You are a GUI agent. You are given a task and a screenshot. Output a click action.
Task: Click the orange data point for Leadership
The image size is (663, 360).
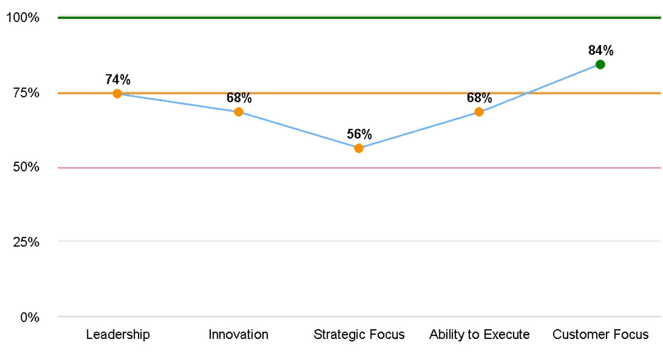118,94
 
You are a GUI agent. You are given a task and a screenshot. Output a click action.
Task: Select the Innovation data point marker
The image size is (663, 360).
238,112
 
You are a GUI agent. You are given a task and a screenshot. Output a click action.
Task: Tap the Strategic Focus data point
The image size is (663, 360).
359,148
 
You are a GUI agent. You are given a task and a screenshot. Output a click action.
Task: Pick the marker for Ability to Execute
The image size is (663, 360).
479,112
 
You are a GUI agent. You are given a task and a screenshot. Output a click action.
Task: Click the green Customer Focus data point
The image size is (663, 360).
600,65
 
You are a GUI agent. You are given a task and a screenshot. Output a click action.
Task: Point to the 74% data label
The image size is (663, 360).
118,80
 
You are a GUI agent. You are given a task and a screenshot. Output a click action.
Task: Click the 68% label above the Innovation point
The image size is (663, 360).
238,98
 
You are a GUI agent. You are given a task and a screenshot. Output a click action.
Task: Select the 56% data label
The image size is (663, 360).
359,134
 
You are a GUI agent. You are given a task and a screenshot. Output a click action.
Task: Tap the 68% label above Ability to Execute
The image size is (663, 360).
479,98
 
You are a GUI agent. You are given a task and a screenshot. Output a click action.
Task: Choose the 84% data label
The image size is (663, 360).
600,51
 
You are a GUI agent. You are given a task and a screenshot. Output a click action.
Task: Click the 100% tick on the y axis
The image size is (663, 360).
23,18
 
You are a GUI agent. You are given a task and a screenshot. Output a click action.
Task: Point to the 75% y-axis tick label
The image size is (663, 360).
25,93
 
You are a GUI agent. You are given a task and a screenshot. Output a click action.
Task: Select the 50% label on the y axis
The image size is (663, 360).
25,168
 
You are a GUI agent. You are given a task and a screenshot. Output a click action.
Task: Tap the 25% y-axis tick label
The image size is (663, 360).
25,242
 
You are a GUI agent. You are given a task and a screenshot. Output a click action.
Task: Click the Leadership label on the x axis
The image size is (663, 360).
118,335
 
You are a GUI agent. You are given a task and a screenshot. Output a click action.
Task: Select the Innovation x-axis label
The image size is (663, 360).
238,335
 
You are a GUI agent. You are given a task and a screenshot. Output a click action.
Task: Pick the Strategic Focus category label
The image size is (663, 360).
359,335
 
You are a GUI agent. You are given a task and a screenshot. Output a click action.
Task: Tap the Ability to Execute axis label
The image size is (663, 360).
479,335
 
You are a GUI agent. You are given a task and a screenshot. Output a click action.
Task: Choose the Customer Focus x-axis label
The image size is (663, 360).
600,335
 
